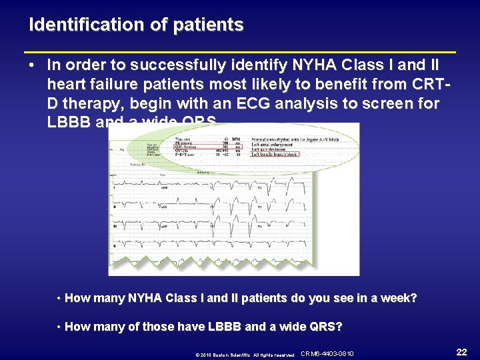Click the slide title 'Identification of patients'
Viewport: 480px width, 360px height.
tap(136, 25)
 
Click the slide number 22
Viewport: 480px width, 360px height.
tap(461, 351)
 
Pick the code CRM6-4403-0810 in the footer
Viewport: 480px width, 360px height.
tap(327, 353)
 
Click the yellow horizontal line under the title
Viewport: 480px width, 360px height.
tap(239, 51)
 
